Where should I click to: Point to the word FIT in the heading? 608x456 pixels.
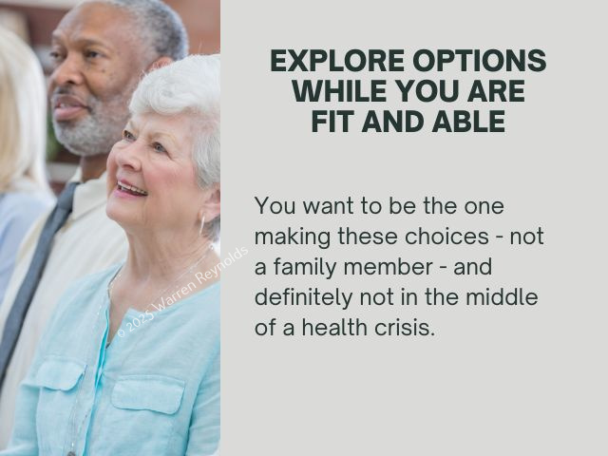click(333, 122)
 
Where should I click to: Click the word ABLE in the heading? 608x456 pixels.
click(468, 122)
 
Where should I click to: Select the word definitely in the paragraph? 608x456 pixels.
click(304, 297)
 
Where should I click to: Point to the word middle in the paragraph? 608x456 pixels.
click(502, 296)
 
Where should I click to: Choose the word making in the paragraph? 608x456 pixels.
click(293, 237)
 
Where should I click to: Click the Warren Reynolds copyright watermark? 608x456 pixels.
click(182, 292)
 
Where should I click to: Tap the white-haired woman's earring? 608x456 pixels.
click(201, 225)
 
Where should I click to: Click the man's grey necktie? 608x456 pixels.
click(39, 272)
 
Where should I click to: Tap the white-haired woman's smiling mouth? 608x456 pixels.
click(131, 189)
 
